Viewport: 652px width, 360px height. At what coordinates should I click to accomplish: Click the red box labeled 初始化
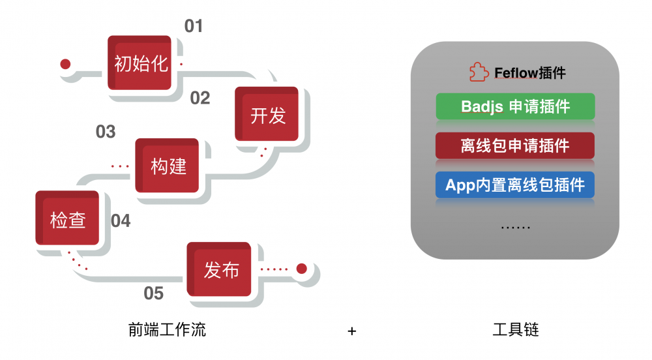[140, 63]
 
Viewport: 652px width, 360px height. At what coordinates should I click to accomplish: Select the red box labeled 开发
[267, 115]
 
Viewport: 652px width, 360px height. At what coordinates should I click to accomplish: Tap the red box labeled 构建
[168, 166]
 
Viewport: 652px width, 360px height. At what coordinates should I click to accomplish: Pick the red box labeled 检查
[67, 219]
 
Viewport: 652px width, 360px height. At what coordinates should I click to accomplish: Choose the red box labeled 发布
[220, 269]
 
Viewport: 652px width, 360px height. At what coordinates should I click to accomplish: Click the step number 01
[194, 26]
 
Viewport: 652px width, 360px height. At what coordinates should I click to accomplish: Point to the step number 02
[200, 98]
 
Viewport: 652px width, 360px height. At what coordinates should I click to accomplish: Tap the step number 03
[106, 132]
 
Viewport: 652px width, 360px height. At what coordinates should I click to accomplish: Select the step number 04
[121, 221]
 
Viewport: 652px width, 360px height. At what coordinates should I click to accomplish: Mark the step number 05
[153, 293]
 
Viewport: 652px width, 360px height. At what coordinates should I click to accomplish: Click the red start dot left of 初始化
[65, 64]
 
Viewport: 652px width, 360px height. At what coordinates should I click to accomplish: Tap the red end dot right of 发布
[301, 268]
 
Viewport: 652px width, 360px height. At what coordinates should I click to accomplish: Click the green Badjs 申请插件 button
[515, 106]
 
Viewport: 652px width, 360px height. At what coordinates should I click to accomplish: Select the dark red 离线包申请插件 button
[515, 145]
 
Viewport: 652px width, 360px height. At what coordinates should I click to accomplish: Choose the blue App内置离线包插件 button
[515, 185]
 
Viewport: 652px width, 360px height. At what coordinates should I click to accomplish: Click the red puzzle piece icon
[479, 72]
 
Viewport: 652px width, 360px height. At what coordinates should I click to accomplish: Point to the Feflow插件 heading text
[529, 72]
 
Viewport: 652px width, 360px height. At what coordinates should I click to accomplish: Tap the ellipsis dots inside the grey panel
[515, 228]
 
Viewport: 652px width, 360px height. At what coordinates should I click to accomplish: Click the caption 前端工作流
[168, 330]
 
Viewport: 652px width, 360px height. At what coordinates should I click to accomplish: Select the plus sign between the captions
[352, 331]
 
